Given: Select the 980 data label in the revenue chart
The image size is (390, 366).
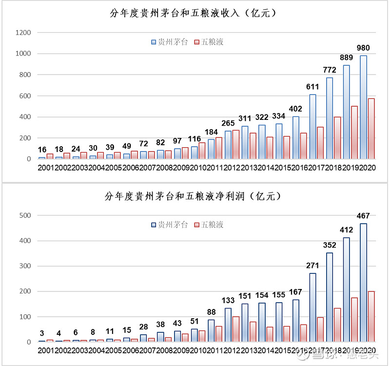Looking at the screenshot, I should [363, 48].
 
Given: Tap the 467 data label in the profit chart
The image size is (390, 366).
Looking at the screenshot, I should [363, 216].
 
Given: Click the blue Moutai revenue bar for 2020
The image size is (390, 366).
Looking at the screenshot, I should [363, 107].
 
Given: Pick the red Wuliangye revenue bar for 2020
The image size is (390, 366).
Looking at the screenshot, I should [371, 129].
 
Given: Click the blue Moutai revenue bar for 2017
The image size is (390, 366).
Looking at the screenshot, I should [312, 127].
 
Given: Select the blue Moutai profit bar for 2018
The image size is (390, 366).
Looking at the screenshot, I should [330, 297].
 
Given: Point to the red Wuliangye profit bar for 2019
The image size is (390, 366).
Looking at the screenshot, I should [354, 320].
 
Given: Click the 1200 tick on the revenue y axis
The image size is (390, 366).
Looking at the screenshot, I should [23, 33].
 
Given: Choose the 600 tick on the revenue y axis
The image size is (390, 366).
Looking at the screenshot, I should [25, 96].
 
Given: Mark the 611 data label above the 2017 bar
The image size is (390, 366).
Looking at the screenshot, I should [312, 87].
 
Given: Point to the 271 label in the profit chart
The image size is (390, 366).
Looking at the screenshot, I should [312, 266].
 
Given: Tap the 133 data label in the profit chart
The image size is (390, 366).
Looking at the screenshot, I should [228, 301].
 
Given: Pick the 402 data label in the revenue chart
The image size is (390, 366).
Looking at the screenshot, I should [295, 109].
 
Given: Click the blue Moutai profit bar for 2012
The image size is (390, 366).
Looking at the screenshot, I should [228, 325].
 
